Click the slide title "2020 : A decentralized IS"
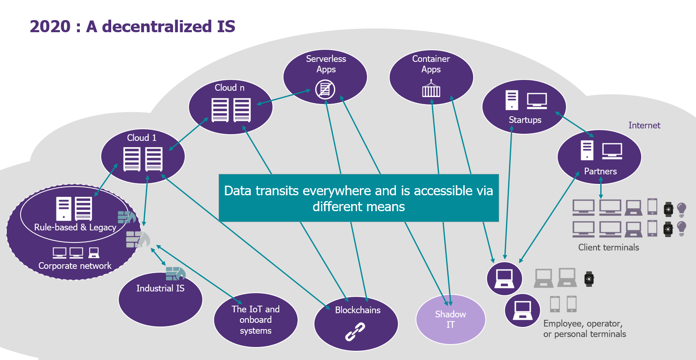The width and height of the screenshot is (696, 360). click(133, 26)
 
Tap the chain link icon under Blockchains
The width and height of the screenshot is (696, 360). click(355, 332)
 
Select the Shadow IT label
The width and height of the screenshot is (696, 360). click(450, 319)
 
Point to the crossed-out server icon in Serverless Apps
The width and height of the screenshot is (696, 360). click(325, 89)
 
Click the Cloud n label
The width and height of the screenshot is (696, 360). click(229, 88)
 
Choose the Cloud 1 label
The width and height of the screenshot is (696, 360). click(142, 138)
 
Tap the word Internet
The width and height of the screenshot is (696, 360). click(644, 125)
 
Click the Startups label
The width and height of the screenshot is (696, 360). click(525, 120)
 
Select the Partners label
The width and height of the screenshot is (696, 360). click(600, 171)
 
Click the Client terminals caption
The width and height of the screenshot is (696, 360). click(608, 248)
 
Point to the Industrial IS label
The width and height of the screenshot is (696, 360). click(161, 288)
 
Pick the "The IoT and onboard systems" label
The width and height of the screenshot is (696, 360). click(255, 319)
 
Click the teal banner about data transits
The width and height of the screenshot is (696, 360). click(359, 198)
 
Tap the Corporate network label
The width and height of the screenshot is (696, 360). click(74, 266)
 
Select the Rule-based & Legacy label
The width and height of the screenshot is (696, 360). click(75, 227)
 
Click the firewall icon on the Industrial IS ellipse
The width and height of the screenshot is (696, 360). click(176, 273)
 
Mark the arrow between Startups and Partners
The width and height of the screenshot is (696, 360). click(574, 124)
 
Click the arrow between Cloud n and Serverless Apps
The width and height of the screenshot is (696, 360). click(284, 97)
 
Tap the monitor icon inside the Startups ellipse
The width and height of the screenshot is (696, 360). click(537, 101)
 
